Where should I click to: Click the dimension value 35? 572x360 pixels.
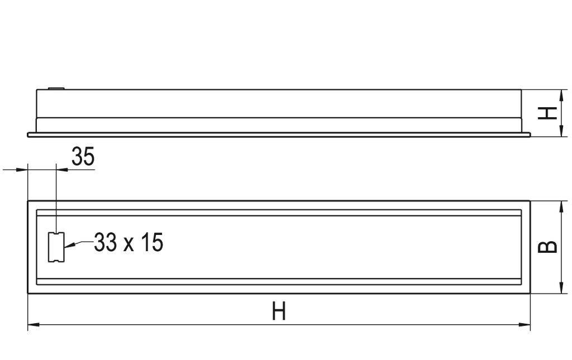[83, 157]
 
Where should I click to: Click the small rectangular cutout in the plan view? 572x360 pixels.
[56, 247]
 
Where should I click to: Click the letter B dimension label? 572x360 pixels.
[549, 246]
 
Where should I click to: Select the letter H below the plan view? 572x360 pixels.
[279, 311]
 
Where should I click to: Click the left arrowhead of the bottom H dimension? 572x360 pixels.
[32, 324]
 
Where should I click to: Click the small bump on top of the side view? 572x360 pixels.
[56, 88]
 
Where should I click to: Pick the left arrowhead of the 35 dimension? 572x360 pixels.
[23, 169]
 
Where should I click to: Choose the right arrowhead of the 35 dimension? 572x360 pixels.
[60, 169]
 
